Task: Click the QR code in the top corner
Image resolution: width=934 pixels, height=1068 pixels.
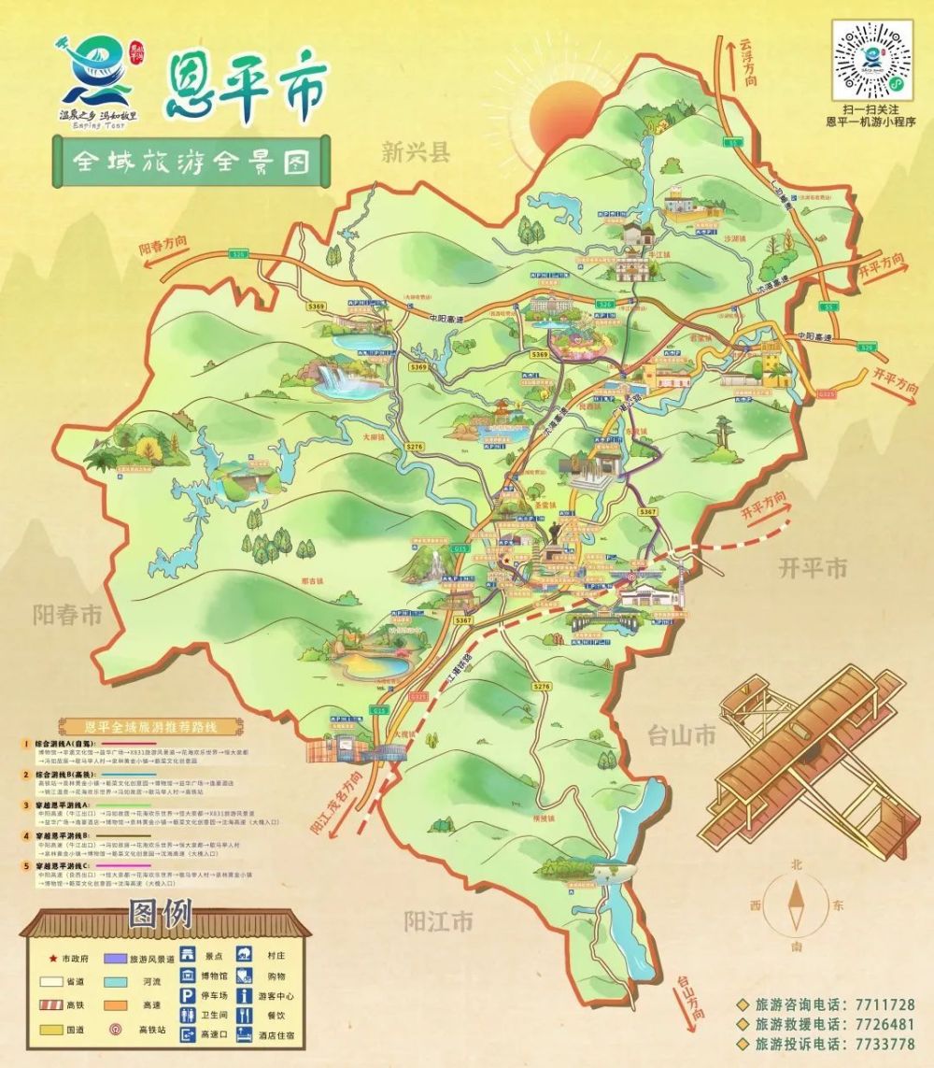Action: pyautogui.click(x=871, y=59)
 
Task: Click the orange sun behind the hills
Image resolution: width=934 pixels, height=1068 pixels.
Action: pyautogui.click(x=563, y=112)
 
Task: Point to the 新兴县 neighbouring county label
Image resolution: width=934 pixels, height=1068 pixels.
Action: pyautogui.click(x=416, y=152)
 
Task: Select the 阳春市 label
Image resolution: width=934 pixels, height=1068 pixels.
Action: pyautogui.click(x=66, y=616)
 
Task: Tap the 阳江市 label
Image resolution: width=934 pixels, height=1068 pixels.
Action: pyautogui.click(x=439, y=922)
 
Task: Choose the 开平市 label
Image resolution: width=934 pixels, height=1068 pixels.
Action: pyautogui.click(x=813, y=568)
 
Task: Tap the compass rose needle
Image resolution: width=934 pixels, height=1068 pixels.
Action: pyautogui.click(x=797, y=906)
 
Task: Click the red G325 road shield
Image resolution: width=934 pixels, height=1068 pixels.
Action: pyautogui.click(x=418, y=696)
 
